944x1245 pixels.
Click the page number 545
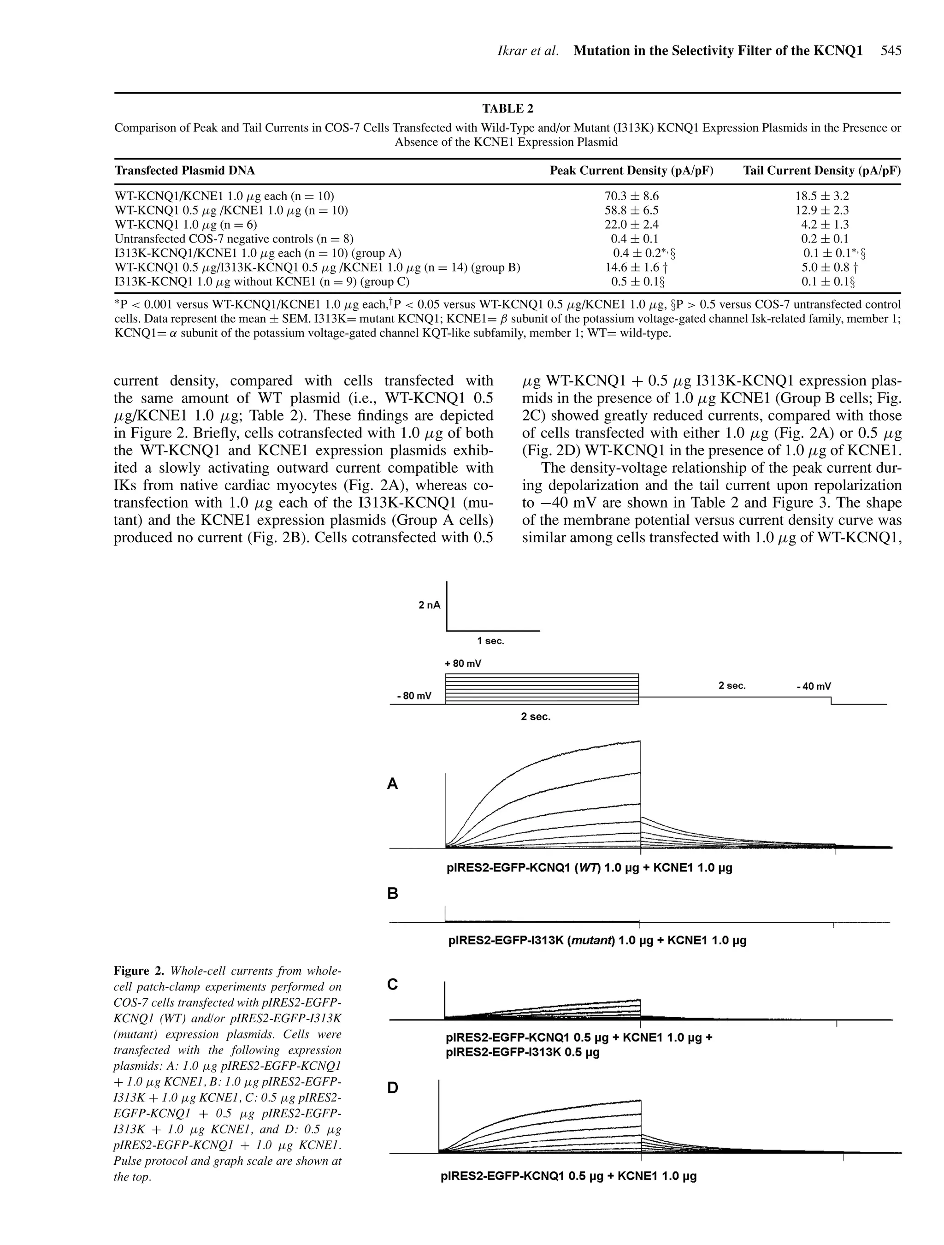(891, 51)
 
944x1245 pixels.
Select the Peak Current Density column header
(631, 171)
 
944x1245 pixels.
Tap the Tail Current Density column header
(821, 171)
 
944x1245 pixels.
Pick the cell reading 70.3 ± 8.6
(631, 196)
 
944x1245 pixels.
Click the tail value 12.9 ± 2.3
(821, 211)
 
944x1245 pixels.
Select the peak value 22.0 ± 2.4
(631, 225)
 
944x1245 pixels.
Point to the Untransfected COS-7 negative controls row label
(234, 239)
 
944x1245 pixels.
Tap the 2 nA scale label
(429, 605)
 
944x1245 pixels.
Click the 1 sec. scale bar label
(490, 641)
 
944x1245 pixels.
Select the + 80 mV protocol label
(463, 664)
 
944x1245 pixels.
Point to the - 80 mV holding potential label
(414, 696)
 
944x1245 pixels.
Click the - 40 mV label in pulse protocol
(814, 687)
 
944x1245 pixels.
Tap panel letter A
(393, 784)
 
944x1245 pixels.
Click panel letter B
(393, 893)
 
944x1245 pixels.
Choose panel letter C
(393, 984)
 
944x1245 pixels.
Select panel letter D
(393, 1088)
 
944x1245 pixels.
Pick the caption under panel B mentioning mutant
(597, 940)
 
